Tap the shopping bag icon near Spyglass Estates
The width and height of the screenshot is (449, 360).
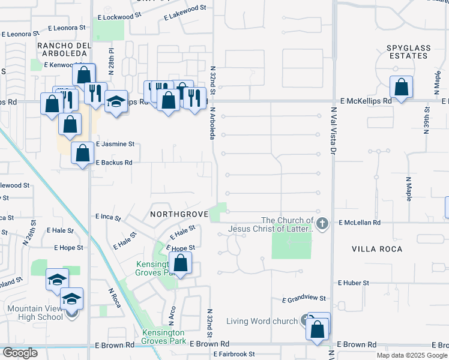[401, 88]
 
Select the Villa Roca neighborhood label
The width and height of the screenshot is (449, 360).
[377, 248]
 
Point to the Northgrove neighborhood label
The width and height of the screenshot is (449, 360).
[178, 214]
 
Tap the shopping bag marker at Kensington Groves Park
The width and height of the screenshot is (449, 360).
[180, 263]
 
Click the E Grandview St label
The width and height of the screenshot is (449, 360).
[304, 298]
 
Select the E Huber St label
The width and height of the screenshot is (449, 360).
[357, 282]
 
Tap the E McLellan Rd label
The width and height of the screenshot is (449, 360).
[360, 222]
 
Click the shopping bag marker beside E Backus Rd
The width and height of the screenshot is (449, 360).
[82, 154]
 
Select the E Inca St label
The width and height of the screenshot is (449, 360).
[108, 217]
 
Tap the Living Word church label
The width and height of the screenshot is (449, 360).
[262, 321]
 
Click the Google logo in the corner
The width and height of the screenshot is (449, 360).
[20, 353]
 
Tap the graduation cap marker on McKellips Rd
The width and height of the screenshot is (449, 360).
[116, 102]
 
